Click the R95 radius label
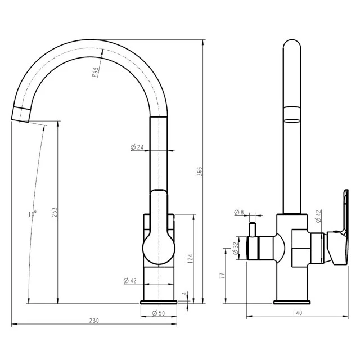[95, 72]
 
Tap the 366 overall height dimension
[199, 172]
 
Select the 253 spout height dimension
[54, 213]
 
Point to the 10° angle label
[33, 214]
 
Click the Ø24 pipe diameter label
[137, 147]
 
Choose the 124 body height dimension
[191, 259]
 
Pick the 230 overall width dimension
[94, 321]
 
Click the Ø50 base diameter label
[159, 313]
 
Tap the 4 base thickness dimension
[184, 294]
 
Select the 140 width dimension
[298, 313]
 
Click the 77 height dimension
[222, 276]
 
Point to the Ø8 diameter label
[239, 212]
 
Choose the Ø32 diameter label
[235, 249]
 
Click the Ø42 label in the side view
[318, 216]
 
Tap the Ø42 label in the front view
[130, 280]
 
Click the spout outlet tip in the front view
[20, 120]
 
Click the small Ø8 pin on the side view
[253, 229]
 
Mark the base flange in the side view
[292, 302]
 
